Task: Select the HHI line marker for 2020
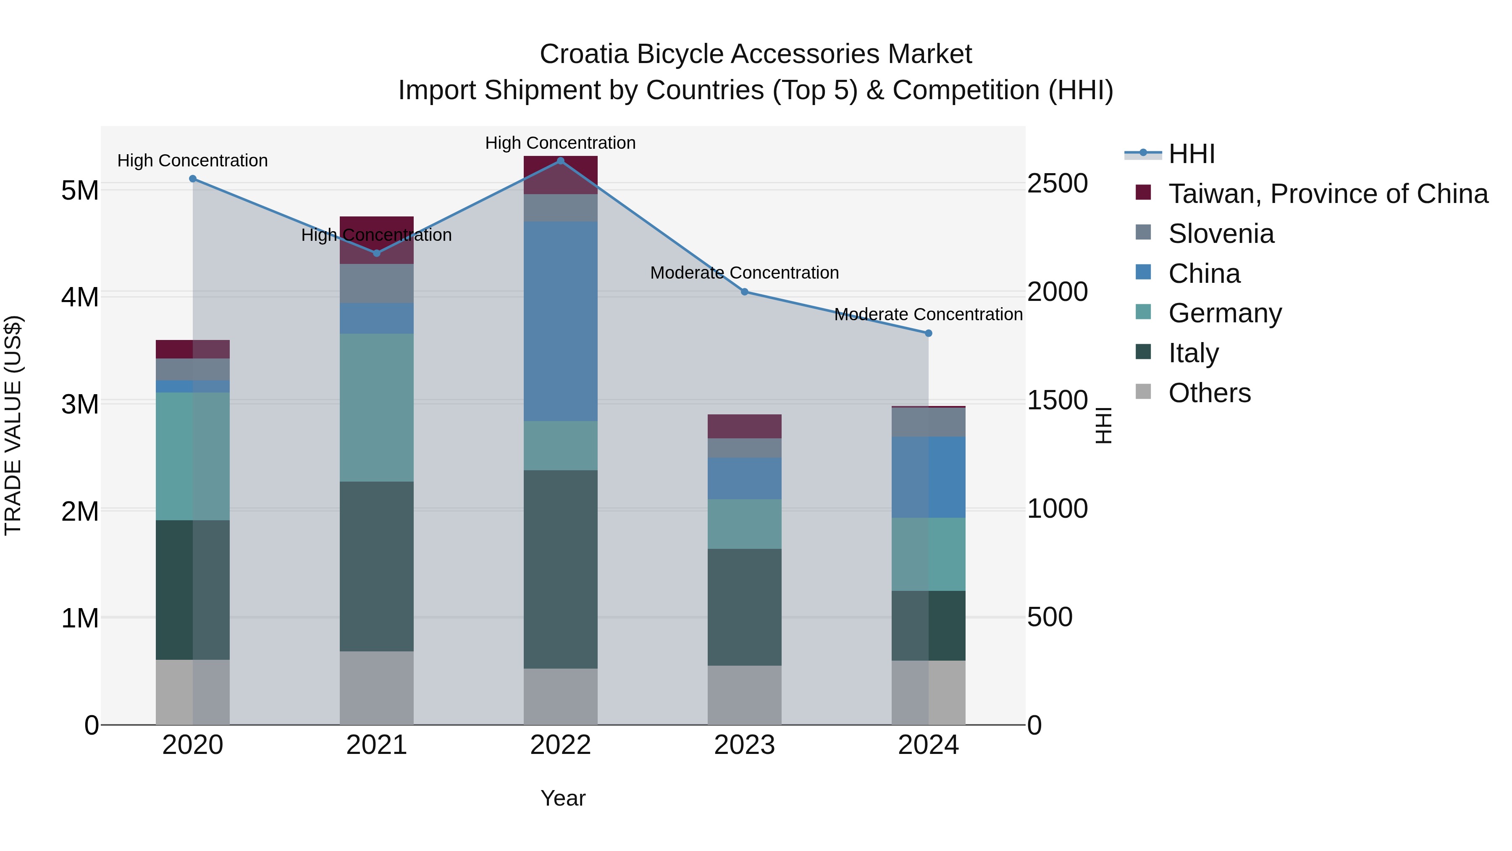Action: click(192, 179)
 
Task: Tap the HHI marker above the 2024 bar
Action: click(928, 333)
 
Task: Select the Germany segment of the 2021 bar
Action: click(376, 408)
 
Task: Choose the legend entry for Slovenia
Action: click(1221, 234)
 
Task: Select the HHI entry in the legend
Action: click(1191, 154)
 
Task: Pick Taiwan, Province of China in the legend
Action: click(1328, 194)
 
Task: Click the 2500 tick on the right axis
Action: click(1057, 183)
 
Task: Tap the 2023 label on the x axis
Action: click(744, 745)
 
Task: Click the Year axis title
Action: click(562, 798)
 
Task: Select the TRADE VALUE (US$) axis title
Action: click(13, 425)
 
